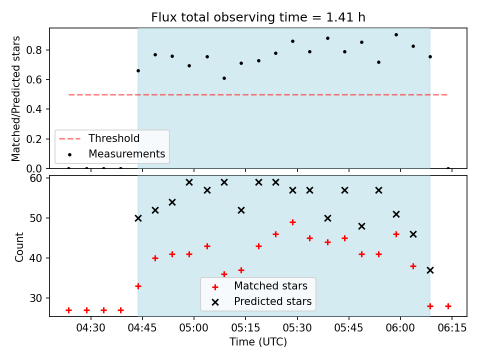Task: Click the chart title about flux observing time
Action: click(x=258, y=17)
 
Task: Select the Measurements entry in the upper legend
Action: click(x=116, y=153)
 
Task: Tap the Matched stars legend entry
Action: click(x=260, y=286)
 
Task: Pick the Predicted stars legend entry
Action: click(x=261, y=301)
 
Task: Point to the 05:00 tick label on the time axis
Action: click(x=194, y=328)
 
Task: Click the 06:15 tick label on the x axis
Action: click(x=452, y=328)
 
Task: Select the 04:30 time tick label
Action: click(x=90, y=328)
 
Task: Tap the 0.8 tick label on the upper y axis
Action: click(x=34, y=50)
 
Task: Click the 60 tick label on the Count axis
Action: click(x=35, y=178)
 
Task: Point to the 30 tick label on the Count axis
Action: click(x=35, y=298)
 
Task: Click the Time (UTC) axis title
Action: click(x=258, y=341)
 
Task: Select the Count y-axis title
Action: click(x=19, y=246)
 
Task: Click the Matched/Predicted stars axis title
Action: click(x=15, y=98)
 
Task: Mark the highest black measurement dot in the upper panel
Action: click(x=396, y=35)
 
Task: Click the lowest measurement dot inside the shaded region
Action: click(x=224, y=78)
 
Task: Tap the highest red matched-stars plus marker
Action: click(x=292, y=222)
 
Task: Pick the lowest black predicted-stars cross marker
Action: click(x=430, y=270)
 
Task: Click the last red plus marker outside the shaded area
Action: click(x=448, y=306)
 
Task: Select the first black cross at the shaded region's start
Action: click(x=138, y=218)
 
